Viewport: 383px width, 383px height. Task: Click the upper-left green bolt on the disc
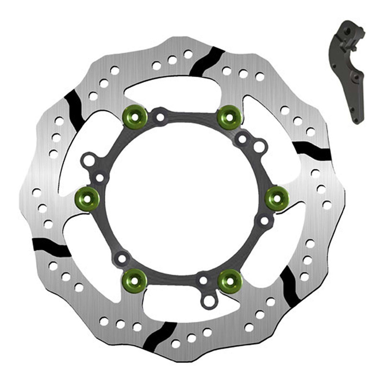pos(135,115)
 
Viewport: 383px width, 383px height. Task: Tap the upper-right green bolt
pos(229,115)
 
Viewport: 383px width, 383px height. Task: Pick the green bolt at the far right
pos(277,197)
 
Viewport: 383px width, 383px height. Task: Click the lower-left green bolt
pos(135,279)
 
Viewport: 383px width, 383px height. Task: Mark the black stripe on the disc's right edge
pos(312,151)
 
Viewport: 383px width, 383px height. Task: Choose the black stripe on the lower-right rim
pos(290,285)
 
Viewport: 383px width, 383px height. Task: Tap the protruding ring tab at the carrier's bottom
pos(208,302)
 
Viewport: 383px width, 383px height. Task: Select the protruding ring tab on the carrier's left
pos(88,160)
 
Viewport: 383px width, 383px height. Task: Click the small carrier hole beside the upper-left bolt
pos(159,116)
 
